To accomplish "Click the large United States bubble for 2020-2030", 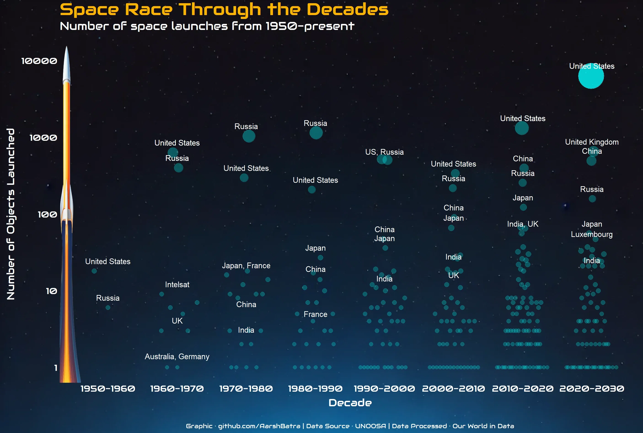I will pos(591,76).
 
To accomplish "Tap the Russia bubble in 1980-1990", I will pos(316,133).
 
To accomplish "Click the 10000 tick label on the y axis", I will pos(39,61).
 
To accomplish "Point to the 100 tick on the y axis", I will pos(47,214).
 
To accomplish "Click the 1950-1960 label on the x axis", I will pos(108,388).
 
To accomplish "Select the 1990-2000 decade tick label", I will pos(384,388).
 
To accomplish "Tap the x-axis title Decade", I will pos(350,403).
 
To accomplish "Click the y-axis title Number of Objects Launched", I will pos(11,214).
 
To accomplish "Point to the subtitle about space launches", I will pos(207,26).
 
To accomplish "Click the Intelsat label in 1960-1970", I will pos(177,284).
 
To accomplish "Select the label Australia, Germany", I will pos(177,356).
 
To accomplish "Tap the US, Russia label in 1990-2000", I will pos(384,152).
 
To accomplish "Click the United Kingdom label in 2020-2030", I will pos(592,142).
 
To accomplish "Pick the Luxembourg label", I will pos(592,234).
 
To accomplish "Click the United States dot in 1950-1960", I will pos(94,271).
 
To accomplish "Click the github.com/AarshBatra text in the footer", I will pos(259,426).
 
